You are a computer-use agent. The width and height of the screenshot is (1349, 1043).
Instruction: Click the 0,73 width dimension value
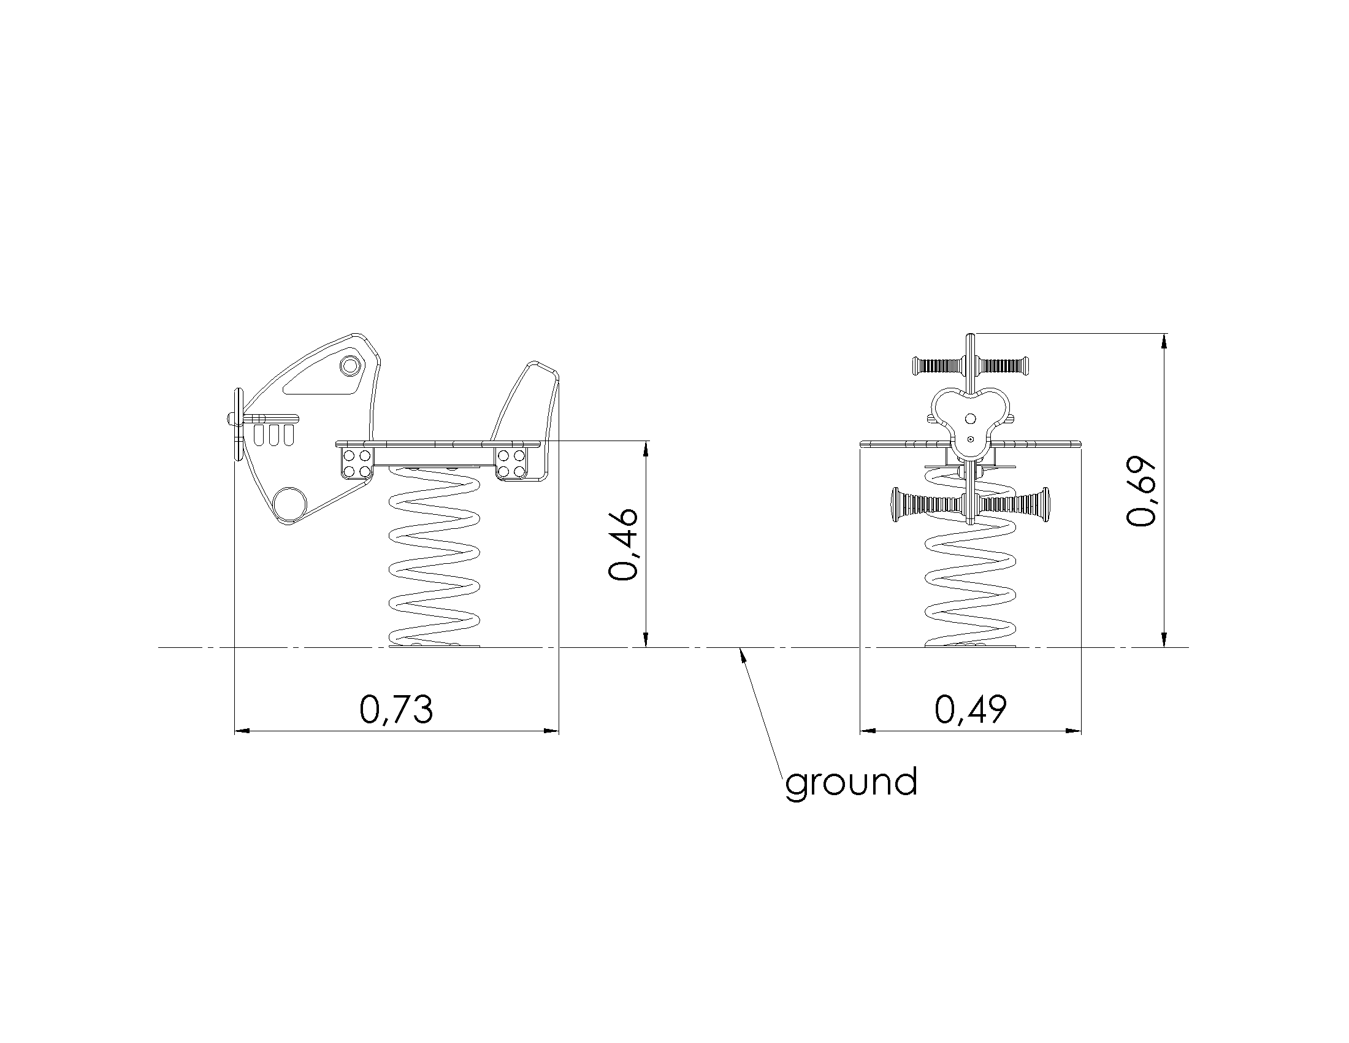click(x=397, y=709)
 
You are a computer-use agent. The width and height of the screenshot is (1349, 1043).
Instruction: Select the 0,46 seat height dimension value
click(x=622, y=544)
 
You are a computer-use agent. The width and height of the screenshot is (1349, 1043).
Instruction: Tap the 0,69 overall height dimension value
click(x=1141, y=491)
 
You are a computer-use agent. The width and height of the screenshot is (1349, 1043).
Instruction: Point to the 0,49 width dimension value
click(x=971, y=709)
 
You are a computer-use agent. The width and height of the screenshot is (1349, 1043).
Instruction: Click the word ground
click(x=851, y=783)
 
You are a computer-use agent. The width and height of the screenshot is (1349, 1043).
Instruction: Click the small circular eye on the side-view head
click(x=350, y=365)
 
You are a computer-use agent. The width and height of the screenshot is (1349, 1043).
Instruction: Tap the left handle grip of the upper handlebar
click(x=938, y=365)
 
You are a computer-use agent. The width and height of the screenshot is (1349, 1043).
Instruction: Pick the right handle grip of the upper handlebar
click(x=1003, y=365)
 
